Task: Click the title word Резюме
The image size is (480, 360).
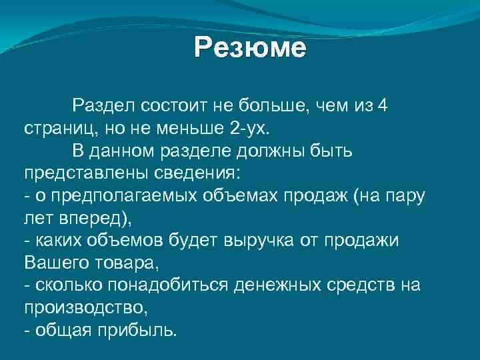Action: (250, 49)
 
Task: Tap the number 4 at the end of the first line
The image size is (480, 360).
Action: (382, 105)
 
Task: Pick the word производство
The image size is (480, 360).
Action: (83, 309)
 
